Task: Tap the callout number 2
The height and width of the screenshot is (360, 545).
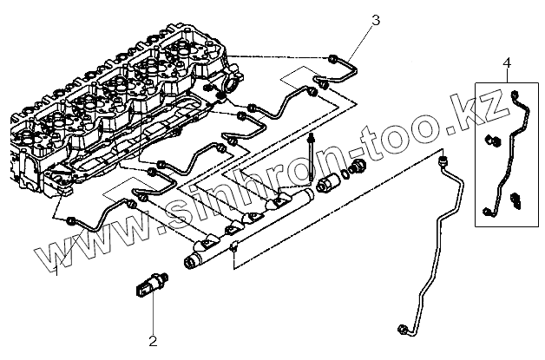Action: [x=152, y=340]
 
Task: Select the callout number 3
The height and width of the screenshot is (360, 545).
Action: [x=375, y=18]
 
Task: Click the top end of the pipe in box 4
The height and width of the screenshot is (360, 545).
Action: [x=515, y=91]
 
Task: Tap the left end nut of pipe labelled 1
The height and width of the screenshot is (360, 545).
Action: [x=69, y=222]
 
